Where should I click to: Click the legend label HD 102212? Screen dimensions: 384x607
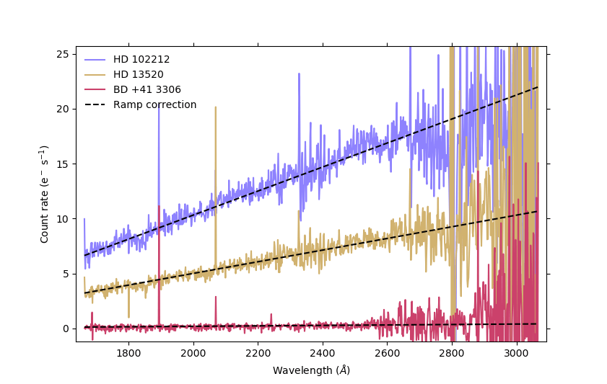(141, 59)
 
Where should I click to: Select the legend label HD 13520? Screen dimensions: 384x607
(139, 74)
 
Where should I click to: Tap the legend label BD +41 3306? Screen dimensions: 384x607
(147, 89)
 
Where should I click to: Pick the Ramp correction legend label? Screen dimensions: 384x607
(154, 104)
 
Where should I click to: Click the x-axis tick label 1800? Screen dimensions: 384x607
(128, 353)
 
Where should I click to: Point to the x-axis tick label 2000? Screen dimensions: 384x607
(193, 353)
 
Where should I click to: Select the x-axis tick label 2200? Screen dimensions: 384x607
(258, 353)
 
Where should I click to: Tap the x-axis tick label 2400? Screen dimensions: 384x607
(322, 353)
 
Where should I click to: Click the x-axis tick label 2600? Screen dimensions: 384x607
(387, 353)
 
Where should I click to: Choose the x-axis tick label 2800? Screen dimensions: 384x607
(451, 353)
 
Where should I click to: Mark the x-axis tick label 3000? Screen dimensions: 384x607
(516, 353)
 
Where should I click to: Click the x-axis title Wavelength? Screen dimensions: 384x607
(311, 370)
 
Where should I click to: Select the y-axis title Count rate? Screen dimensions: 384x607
(45, 194)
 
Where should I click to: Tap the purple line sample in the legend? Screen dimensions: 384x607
(95, 59)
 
